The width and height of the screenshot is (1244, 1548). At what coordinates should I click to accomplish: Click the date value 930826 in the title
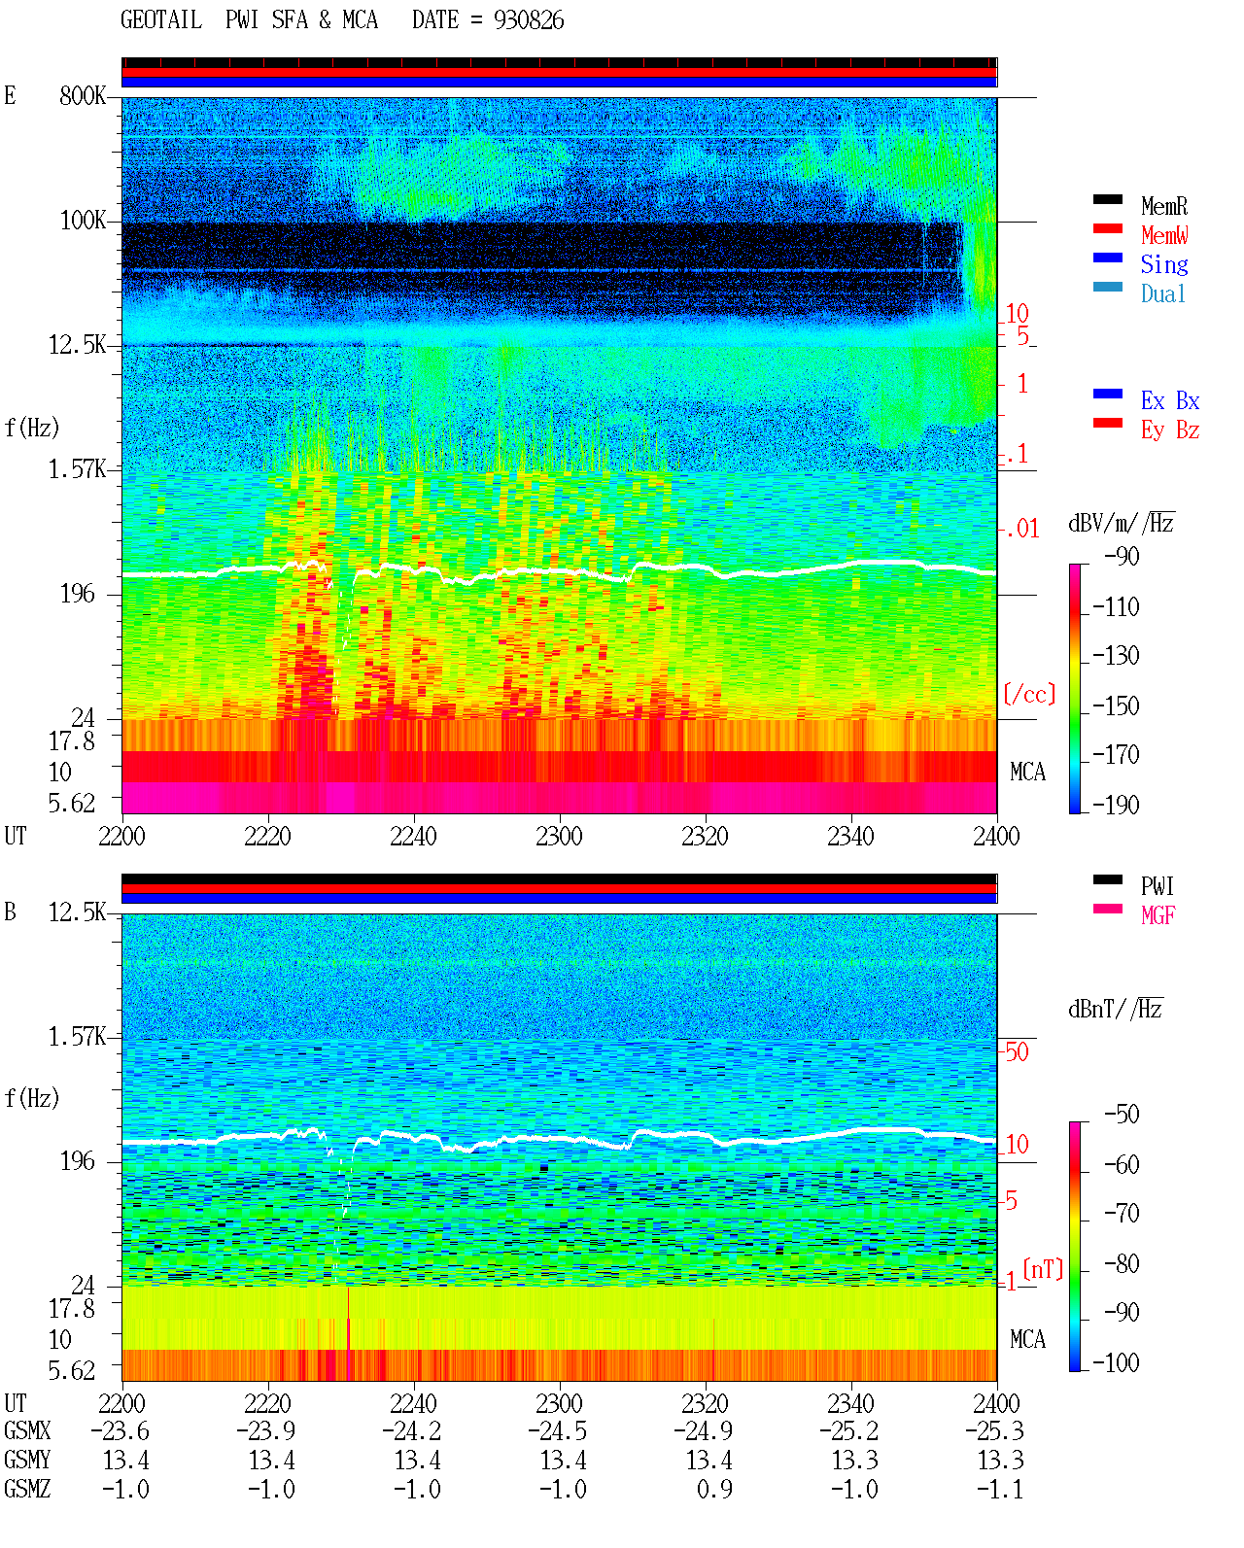point(529,20)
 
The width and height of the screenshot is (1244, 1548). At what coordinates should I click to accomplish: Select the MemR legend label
point(1163,206)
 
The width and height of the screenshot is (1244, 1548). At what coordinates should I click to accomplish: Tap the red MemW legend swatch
point(1107,228)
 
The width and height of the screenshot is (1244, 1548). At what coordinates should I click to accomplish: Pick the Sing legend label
point(1163,264)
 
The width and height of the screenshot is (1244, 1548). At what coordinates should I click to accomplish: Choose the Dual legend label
point(1162,293)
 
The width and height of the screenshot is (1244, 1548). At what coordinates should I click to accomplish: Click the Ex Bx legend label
point(1169,400)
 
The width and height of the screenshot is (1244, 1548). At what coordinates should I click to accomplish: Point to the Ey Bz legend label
point(1169,430)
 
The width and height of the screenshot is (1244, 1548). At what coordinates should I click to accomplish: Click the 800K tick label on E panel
point(82,95)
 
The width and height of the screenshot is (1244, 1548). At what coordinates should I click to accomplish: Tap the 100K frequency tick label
point(82,221)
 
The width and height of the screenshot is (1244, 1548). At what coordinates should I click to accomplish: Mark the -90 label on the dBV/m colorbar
point(1122,556)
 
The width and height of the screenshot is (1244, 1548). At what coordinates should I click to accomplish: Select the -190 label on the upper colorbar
point(1116,805)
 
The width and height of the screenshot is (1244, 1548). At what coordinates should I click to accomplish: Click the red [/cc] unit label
point(1029,694)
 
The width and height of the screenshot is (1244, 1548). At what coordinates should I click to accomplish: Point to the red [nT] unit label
point(1043,1269)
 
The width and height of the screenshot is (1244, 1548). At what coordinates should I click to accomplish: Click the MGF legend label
point(1158,915)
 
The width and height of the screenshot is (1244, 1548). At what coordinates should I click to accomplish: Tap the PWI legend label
point(1157,886)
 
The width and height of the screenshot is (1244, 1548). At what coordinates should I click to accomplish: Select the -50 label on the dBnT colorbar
point(1122,1115)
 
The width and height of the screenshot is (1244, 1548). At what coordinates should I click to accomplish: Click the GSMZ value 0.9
point(714,1489)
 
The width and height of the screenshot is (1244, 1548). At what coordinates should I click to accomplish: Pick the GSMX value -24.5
point(558,1430)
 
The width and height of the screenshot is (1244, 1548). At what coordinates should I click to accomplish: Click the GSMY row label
point(27,1461)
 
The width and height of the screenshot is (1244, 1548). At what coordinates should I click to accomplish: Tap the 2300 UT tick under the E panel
point(559,837)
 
